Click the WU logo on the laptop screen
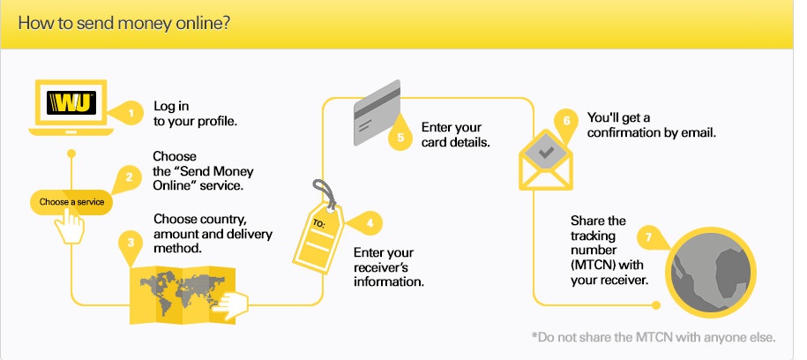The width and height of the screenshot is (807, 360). click(71, 102)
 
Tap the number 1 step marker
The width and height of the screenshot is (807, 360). click(131, 113)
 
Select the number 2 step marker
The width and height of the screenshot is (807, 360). click(128, 178)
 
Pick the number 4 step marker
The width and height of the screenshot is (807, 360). click(368, 223)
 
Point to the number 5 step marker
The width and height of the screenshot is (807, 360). click(401, 136)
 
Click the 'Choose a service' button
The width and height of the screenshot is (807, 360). click(71, 202)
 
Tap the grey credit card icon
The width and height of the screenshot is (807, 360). click(377, 112)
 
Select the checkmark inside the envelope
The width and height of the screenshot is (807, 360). click(546, 153)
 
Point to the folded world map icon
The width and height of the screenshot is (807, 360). click(183, 294)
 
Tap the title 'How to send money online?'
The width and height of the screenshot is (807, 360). click(123, 24)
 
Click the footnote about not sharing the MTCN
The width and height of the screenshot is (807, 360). click(654, 337)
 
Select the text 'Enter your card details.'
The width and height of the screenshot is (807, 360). click(455, 134)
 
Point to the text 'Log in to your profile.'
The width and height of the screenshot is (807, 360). click(195, 114)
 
